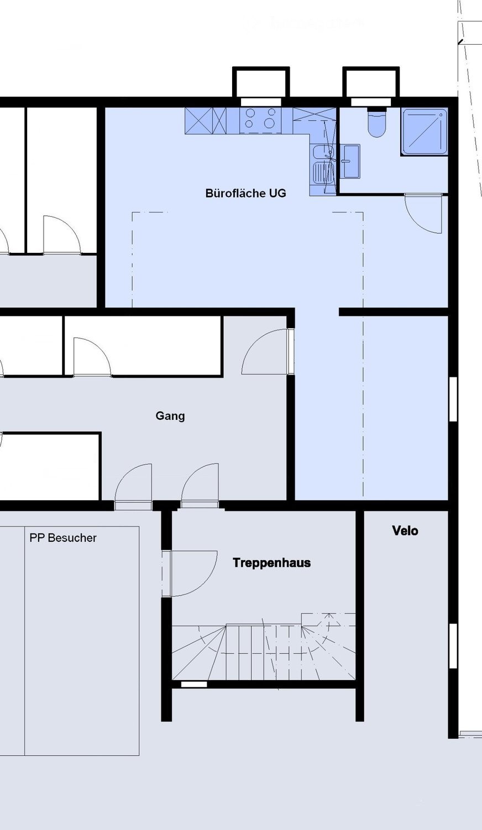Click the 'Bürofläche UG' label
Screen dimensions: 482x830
(x=245, y=193)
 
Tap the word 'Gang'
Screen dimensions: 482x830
(x=170, y=416)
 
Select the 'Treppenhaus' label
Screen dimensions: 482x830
(x=271, y=563)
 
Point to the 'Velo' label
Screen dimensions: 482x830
(x=405, y=531)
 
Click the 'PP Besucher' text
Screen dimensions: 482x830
(x=63, y=538)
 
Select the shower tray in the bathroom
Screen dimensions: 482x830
(x=425, y=132)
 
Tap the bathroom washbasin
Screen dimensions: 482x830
(x=349, y=161)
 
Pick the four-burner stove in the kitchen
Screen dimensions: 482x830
(x=260, y=121)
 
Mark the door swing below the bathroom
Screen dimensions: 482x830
(x=424, y=214)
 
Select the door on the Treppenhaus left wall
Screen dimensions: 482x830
(x=189, y=573)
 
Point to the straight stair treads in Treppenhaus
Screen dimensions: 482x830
(x=263, y=653)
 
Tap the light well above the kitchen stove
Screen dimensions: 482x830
(x=260, y=85)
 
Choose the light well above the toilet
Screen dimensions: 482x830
(x=371, y=85)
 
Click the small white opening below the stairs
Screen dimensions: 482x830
(x=194, y=684)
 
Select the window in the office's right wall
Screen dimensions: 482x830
(x=453, y=399)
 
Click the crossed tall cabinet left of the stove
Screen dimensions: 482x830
(x=206, y=121)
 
